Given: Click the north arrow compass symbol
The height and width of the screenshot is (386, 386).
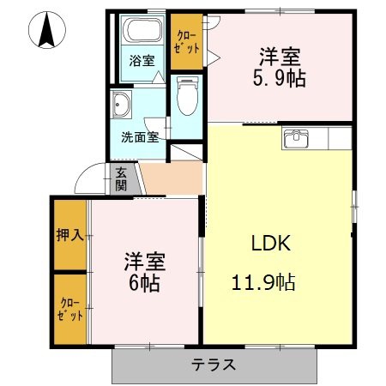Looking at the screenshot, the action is tap(47, 30).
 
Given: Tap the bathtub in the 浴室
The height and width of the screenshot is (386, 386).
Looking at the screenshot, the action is tap(142, 30).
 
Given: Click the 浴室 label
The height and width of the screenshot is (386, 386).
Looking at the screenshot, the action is tap(142, 60).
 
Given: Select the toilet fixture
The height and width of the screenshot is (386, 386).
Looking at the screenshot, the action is tap(187, 95).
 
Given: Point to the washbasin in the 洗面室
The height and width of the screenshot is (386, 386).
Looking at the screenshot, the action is tap(121, 105).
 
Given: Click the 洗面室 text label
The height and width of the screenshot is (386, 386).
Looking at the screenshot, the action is tap(140, 137).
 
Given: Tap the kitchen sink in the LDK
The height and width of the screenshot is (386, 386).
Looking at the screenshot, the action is tap(296, 139).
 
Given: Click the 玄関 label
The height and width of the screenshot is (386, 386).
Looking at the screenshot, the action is tap(121, 178).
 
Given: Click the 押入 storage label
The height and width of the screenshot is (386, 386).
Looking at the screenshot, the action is tap(70, 235).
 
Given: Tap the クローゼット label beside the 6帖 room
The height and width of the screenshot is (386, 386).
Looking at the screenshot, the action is tap(70, 310).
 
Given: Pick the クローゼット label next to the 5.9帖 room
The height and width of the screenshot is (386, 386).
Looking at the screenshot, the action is tap(187, 42).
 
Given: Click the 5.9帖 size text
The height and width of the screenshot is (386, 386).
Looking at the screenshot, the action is tap(280, 78).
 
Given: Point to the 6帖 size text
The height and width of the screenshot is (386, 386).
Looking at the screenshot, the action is tap(144, 283).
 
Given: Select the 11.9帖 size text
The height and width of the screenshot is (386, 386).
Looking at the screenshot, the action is tap(263, 282).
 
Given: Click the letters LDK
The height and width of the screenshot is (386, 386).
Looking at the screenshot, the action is tap(271, 243).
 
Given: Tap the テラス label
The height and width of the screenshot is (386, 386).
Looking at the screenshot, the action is tap(214, 365).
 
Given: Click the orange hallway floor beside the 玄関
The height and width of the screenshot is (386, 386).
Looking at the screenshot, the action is tap(172, 178).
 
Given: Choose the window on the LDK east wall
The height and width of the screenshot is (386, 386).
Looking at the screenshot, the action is tap(354, 207).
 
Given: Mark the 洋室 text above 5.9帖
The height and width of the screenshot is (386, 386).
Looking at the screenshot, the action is tap(280, 57).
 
